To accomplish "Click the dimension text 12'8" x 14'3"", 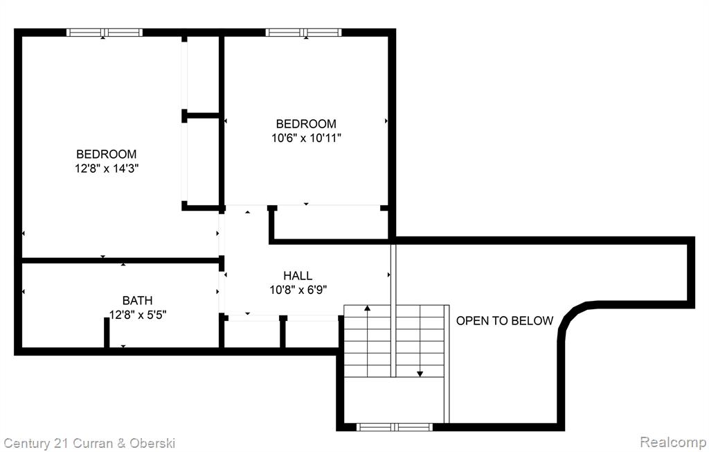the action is tap(107, 168).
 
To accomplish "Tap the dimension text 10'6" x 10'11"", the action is tap(306, 138).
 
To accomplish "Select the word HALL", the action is tap(298, 275).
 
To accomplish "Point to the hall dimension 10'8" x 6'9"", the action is tap(298, 289).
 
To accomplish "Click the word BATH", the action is tap(138, 300).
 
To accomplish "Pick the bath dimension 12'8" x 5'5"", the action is tap(138, 314).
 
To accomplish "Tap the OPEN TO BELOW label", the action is tap(505, 321).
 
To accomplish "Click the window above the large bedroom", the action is tap(105, 32).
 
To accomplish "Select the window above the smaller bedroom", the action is tap(303, 32).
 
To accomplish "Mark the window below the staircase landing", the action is tap(394, 427).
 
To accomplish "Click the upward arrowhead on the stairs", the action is tap(367, 308).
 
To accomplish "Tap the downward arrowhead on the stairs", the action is tap(420, 374).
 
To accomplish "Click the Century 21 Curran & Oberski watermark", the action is tap(89, 443).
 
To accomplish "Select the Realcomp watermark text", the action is tap(674, 441).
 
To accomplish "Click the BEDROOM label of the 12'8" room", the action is tap(106, 154).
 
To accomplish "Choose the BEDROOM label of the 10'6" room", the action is tap(306, 123).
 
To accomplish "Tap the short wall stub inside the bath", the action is tap(107, 333).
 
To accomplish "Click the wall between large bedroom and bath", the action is tap(120, 261).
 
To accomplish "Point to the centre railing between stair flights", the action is tap(393, 311).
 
